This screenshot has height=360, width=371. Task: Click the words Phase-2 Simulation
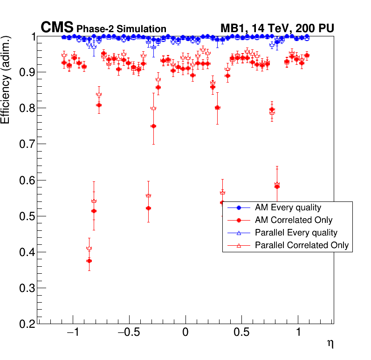pyautogui.click(x=121, y=29)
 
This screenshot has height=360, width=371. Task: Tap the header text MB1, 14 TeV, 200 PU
pyautogui.click(x=277, y=28)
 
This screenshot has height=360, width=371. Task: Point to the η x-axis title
pyautogui.click(x=330, y=344)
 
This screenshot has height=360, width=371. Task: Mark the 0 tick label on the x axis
pyautogui.click(x=185, y=334)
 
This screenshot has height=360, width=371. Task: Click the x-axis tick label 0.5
pyautogui.click(x=242, y=334)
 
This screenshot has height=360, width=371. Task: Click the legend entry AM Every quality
pyautogui.click(x=288, y=208)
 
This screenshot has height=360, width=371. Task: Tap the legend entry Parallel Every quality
pyautogui.click(x=296, y=232)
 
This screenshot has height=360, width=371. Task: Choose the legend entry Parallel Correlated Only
pyautogui.click(x=302, y=245)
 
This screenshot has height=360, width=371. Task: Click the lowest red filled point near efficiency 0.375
pyautogui.click(x=89, y=261)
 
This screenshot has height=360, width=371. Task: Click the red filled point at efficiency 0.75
pyautogui.click(x=153, y=126)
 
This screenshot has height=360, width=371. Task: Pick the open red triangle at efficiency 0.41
pyautogui.click(x=89, y=248)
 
